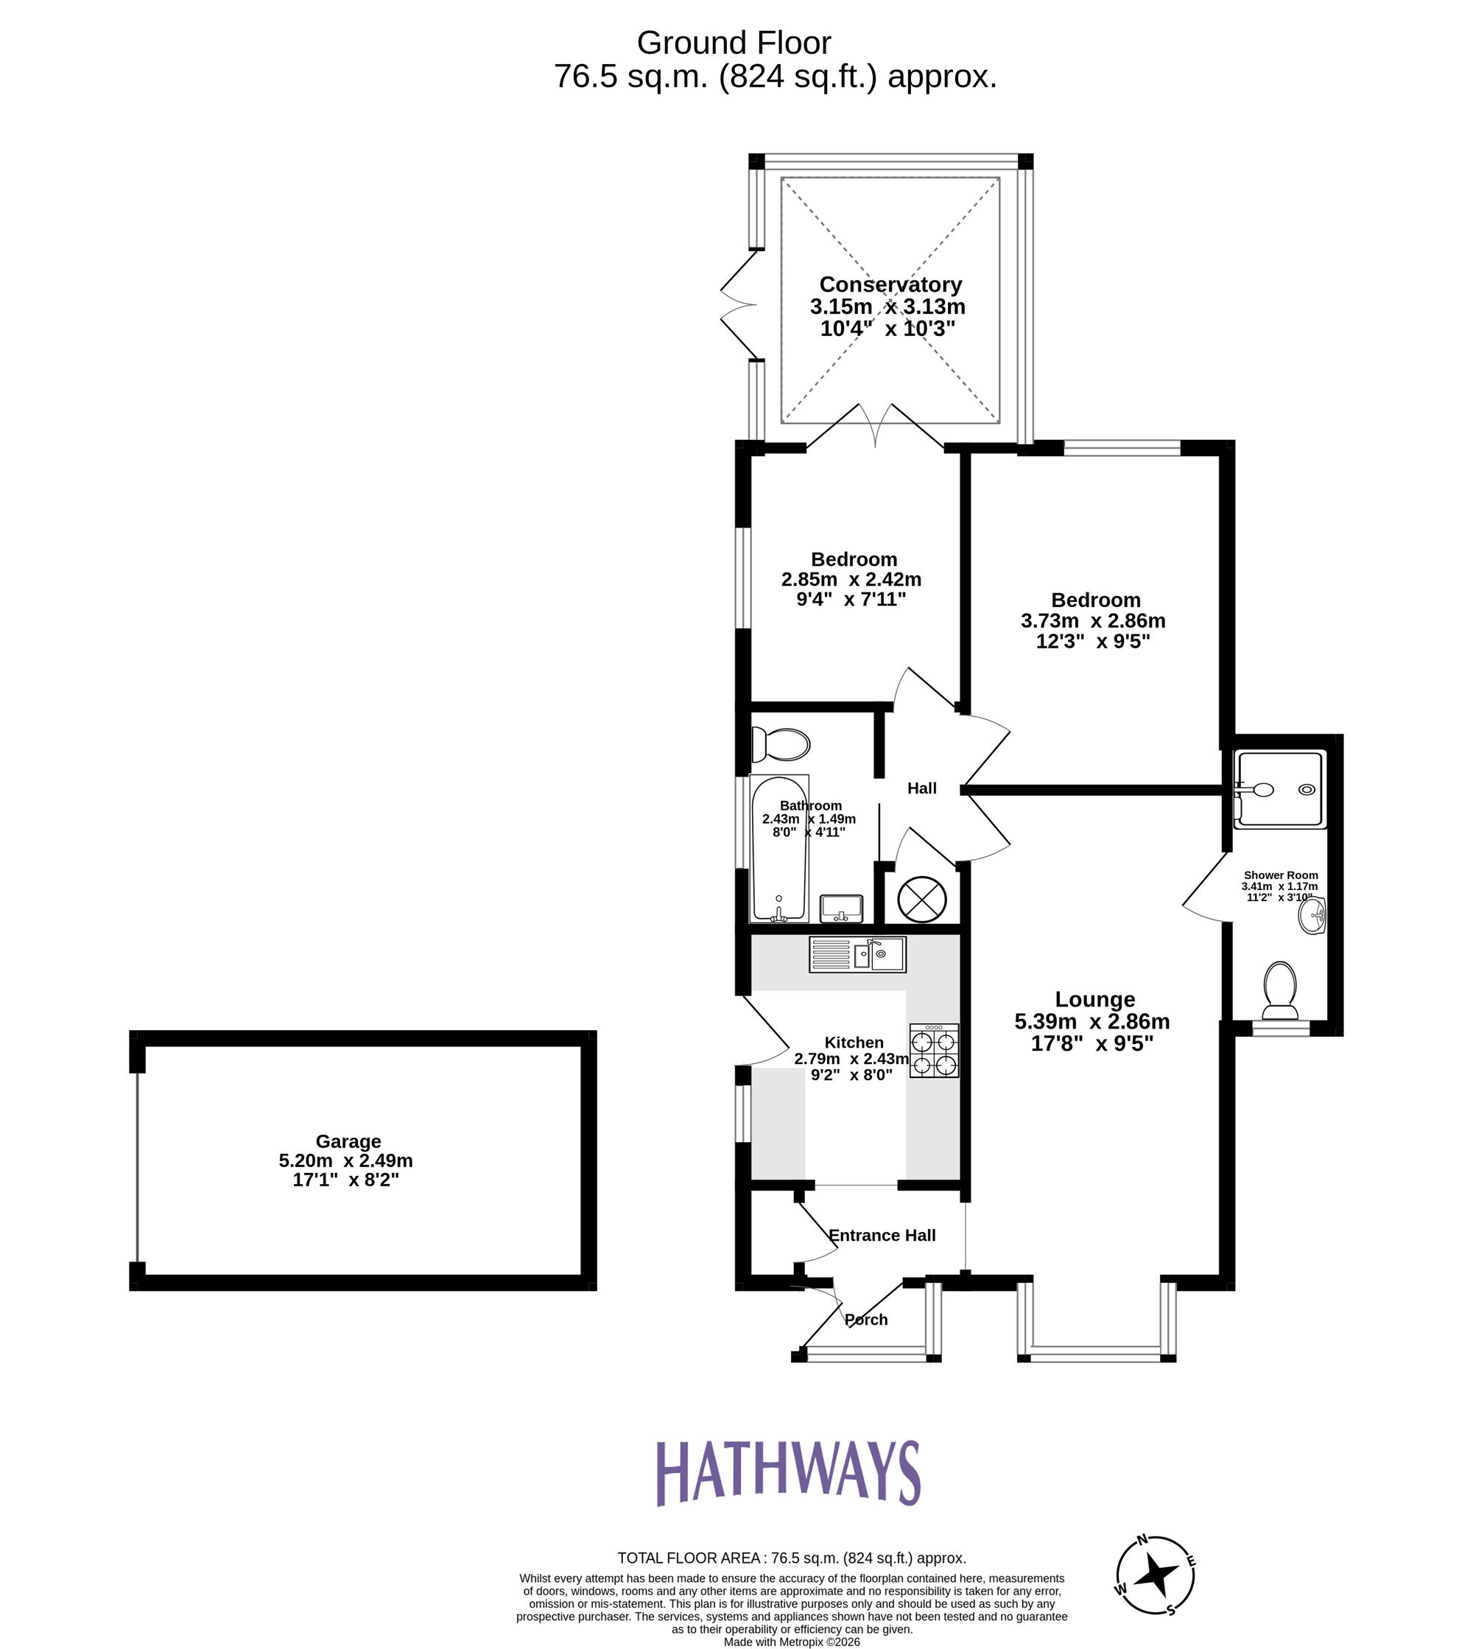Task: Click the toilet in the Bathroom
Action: (x=780, y=744)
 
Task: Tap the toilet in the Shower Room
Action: (x=1279, y=991)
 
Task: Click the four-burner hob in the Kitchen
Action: (x=934, y=1051)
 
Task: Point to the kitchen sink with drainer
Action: (x=857, y=954)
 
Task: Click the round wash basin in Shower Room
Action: (x=1312, y=917)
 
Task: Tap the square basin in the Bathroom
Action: (x=842, y=908)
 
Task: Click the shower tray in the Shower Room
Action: (x=1279, y=789)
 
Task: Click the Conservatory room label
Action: (x=890, y=284)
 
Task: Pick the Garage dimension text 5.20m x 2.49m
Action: (x=345, y=1160)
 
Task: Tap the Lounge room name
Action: (x=1095, y=1000)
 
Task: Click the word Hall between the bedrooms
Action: (x=922, y=788)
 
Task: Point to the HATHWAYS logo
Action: (x=787, y=1471)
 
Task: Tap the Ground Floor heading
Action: (x=734, y=42)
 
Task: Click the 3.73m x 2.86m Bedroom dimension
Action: (x=1093, y=621)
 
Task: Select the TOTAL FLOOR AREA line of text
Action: (x=792, y=1558)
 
